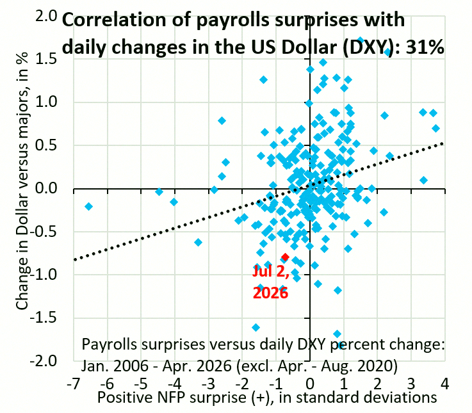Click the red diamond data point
[285, 257]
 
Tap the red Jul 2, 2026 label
[271, 282]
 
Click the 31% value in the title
[425, 47]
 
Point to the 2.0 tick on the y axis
[46, 16]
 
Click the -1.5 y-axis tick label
[44, 318]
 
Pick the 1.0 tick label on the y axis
[46, 102]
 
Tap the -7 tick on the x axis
[74, 384]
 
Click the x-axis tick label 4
[444, 384]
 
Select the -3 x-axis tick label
[208, 384]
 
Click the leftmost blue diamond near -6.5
[88, 206]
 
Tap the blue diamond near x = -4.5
[159, 191]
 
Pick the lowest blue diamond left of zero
[256, 327]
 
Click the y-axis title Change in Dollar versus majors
[22, 181]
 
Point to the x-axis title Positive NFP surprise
[267, 398]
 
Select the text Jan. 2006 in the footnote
[115, 366]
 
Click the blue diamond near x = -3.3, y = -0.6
[198, 242]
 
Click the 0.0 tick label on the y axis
[46, 188]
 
